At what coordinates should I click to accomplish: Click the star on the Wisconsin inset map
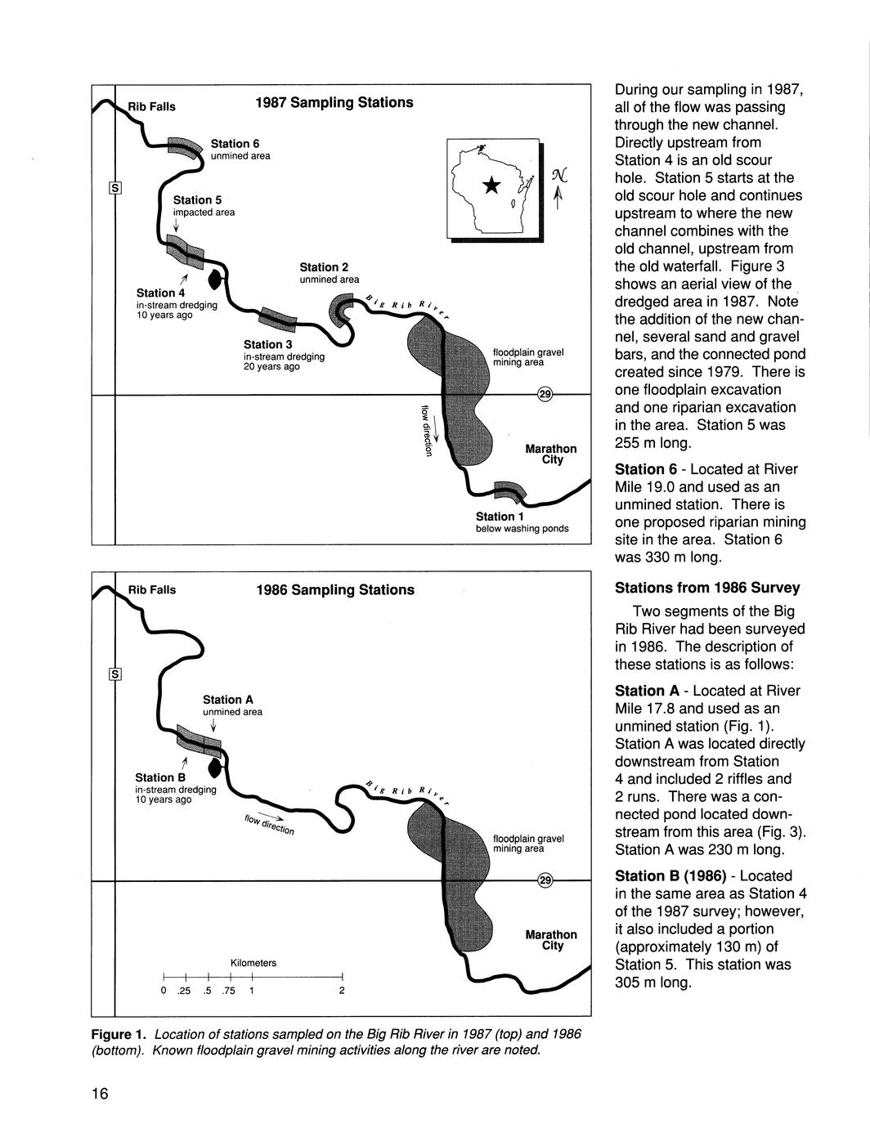pyautogui.click(x=491, y=186)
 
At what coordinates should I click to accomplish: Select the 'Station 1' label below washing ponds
pyautogui.click(x=496, y=517)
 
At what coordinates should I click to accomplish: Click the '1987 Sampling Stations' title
pyautogui.click(x=334, y=103)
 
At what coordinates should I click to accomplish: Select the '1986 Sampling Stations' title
pyautogui.click(x=334, y=590)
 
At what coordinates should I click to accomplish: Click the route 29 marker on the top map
pyautogui.click(x=545, y=396)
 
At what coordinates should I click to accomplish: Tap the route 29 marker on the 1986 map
pyautogui.click(x=545, y=881)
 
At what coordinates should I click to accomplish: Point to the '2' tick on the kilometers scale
pyautogui.click(x=342, y=991)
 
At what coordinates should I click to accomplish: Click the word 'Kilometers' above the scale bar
pyautogui.click(x=253, y=964)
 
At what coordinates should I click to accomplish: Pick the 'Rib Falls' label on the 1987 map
pyautogui.click(x=151, y=106)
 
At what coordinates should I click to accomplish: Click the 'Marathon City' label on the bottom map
pyautogui.click(x=551, y=940)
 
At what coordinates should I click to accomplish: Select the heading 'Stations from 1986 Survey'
pyautogui.click(x=707, y=588)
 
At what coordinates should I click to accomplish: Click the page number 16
pyautogui.click(x=100, y=1094)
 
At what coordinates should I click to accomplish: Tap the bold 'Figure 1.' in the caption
pyautogui.click(x=119, y=1035)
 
